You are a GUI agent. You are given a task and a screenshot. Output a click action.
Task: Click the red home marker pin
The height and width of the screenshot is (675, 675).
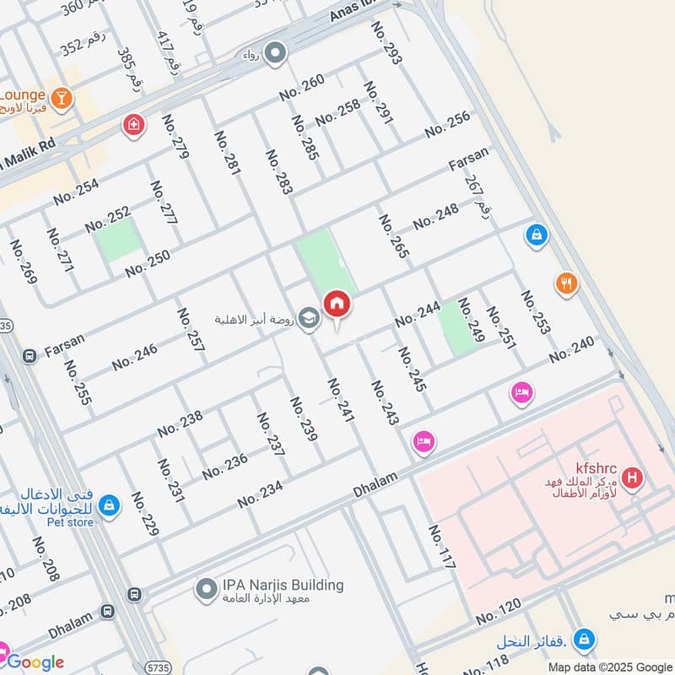(337, 305)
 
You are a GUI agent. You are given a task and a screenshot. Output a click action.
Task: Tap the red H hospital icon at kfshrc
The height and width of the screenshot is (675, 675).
(632, 480)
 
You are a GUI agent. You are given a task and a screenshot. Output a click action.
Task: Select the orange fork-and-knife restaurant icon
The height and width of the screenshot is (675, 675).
(566, 283)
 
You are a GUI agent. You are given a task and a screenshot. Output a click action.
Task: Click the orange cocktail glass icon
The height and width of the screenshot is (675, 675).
(61, 100)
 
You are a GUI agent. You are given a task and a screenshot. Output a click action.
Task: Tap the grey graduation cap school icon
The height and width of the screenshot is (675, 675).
(310, 319)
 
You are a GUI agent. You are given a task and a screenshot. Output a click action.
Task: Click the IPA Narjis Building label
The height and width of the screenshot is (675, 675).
(282, 585)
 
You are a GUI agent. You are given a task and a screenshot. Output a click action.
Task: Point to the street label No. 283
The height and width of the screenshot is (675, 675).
(279, 173)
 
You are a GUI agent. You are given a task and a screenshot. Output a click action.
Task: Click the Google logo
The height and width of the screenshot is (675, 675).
(35, 661)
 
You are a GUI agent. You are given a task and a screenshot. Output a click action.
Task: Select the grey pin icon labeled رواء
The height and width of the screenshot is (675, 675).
(275, 55)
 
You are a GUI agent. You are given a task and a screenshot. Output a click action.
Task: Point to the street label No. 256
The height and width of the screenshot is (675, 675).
(447, 125)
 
